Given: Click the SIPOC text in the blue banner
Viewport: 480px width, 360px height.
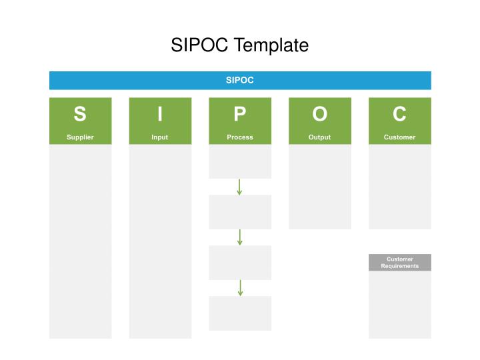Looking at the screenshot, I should [x=240, y=80].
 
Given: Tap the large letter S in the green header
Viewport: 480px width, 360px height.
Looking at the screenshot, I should [x=80, y=115].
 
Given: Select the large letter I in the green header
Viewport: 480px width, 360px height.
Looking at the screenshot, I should [x=160, y=115].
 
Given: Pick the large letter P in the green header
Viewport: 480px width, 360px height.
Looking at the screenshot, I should [x=240, y=115].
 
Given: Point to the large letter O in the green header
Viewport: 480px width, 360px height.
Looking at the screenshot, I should [x=320, y=115].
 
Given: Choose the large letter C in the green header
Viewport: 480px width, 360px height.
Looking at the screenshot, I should [x=399, y=115].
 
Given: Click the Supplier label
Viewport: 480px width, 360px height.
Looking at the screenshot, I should [x=80, y=137].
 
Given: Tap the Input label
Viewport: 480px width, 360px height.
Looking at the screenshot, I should [x=160, y=137].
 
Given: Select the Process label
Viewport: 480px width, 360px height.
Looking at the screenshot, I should [x=240, y=137].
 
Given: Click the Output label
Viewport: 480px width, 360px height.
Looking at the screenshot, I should [x=320, y=137].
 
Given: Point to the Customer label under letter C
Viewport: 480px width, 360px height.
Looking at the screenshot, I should [x=399, y=137].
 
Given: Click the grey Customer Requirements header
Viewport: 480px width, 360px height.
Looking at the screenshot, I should [x=399, y=263].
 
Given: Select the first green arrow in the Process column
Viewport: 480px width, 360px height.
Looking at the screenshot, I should [x=239, y=187].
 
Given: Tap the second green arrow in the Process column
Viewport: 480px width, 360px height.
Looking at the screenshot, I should [x=239, y=237].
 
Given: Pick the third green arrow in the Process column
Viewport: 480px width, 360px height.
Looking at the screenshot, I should [x=240, y=288].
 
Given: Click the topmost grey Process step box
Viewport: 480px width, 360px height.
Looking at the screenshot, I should [x=240, y=162].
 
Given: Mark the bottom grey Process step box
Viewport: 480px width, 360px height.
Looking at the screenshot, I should [x=240, y=313].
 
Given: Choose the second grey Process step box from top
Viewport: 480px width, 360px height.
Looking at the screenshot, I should [x=240, y=212].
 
